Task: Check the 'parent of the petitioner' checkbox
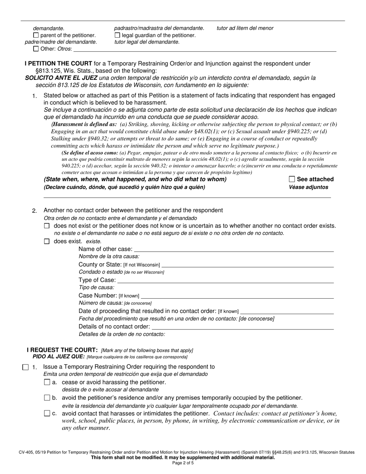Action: (x=36, y=35)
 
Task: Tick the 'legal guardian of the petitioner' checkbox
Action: (x=118, y=35)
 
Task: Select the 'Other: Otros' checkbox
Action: (x=36, y=49)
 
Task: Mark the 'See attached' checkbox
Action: (x=292, y=179)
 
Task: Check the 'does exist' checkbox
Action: (x=47, y=242)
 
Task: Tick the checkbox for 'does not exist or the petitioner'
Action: (x=47, y=226)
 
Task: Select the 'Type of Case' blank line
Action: (x=225, y=281)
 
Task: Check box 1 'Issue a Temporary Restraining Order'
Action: (x=25, y=367)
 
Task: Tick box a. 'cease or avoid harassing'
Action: (x=47, y=382)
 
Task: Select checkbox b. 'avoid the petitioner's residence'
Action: (x=47, y=398)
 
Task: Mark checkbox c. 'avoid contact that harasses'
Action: (x=47, y=413)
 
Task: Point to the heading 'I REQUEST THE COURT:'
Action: (x=62, y=350)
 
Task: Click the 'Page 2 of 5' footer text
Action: (x=183, y=463)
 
